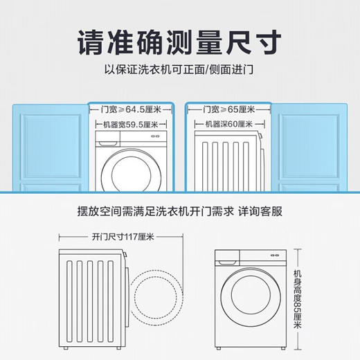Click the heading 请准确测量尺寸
[x=179, y=43]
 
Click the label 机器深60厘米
[x=227, y=125]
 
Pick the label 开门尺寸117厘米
[x=121, y=236]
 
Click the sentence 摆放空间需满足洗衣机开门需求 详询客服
[x=179, y=210]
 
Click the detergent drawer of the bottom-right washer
[x=226, y=262]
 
